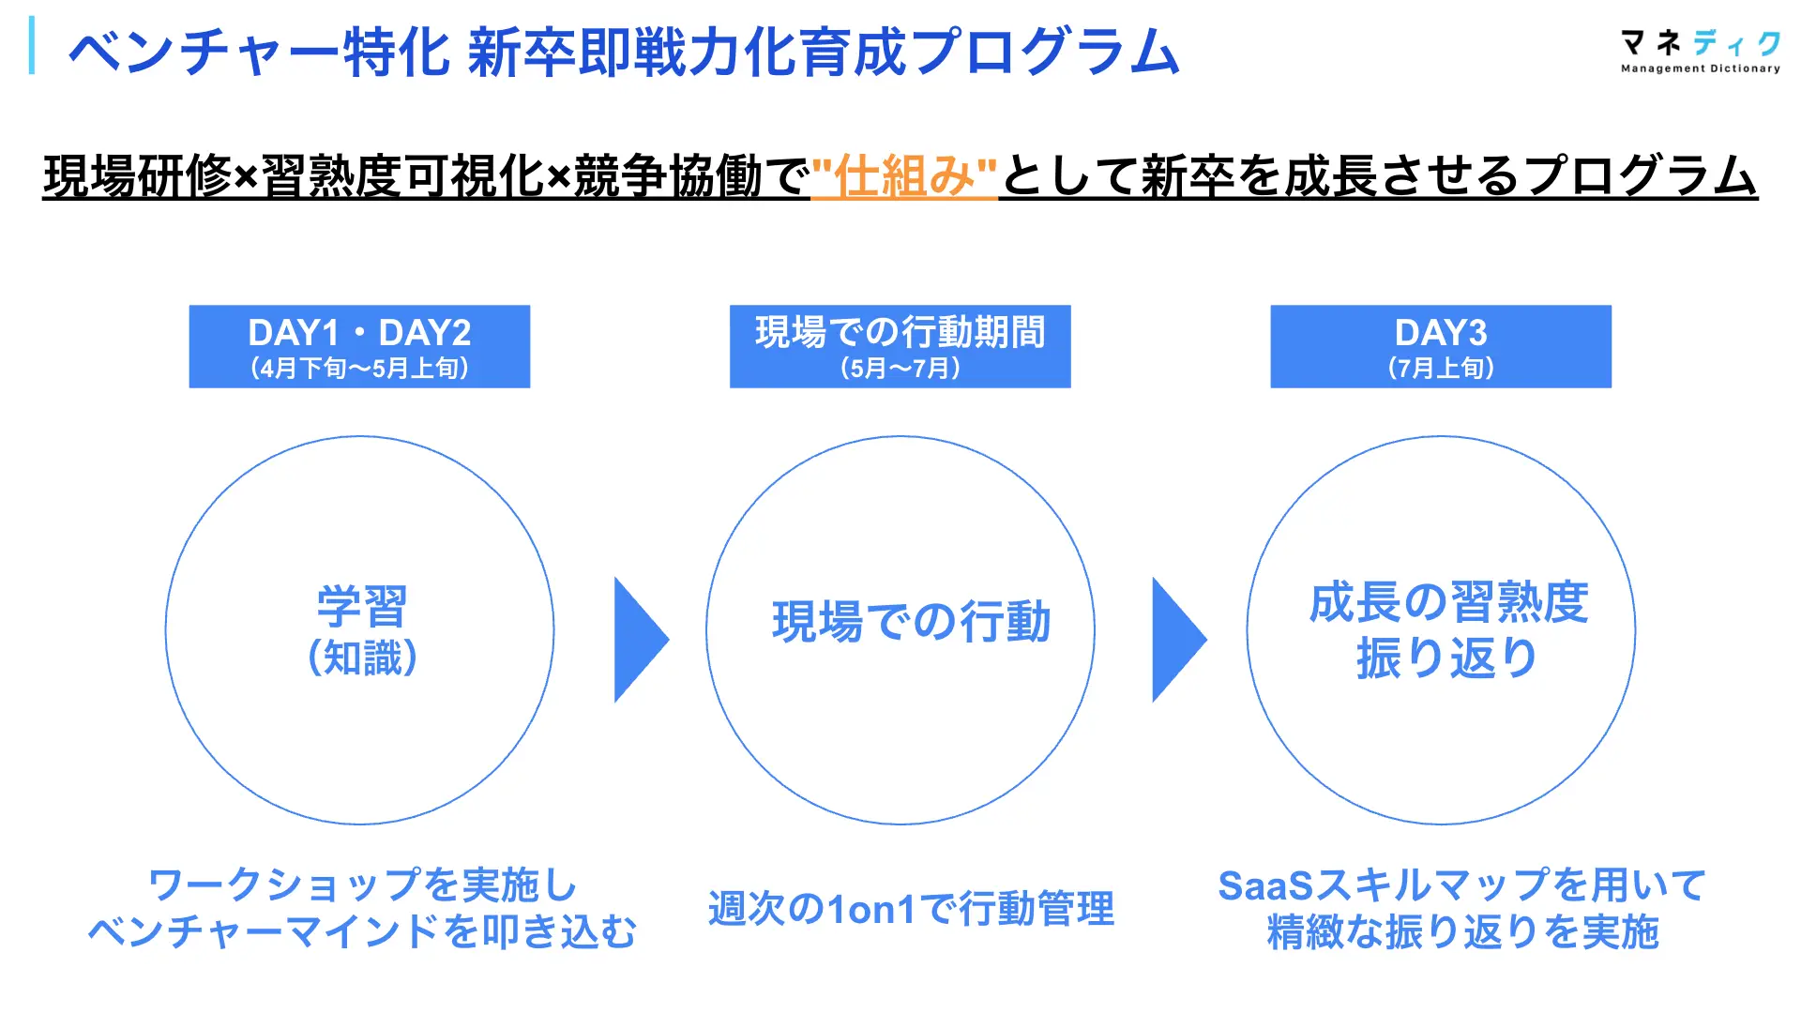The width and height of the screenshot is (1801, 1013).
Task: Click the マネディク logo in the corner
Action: [x=1700, y=51]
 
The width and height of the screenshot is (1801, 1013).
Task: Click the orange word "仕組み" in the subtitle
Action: [x=903, y=176]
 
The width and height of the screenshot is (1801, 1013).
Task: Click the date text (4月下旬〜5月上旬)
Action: [x=359, y=368]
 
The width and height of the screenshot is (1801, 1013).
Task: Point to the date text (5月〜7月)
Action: [x=900, y=368]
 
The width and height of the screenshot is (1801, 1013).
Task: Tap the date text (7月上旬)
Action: [x=1440, y=368]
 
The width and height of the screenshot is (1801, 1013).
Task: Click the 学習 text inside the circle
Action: [x=361, y=606]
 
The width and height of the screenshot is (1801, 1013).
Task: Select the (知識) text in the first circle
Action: [x=362, y=658]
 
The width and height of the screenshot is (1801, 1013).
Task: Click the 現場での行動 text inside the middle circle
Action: [x=911, y=622]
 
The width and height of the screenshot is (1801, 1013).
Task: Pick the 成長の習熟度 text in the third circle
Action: [x=1448, y=602]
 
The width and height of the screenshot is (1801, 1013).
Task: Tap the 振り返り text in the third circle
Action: [x=1446, y=658]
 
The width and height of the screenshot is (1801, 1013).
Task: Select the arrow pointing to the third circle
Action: [x=1177, y=640]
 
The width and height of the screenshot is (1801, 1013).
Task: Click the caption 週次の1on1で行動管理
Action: [x=911, y=909]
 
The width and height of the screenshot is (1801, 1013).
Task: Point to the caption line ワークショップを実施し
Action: [x=363, y=884]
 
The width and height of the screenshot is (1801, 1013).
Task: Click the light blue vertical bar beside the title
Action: [x=33, y=45]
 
